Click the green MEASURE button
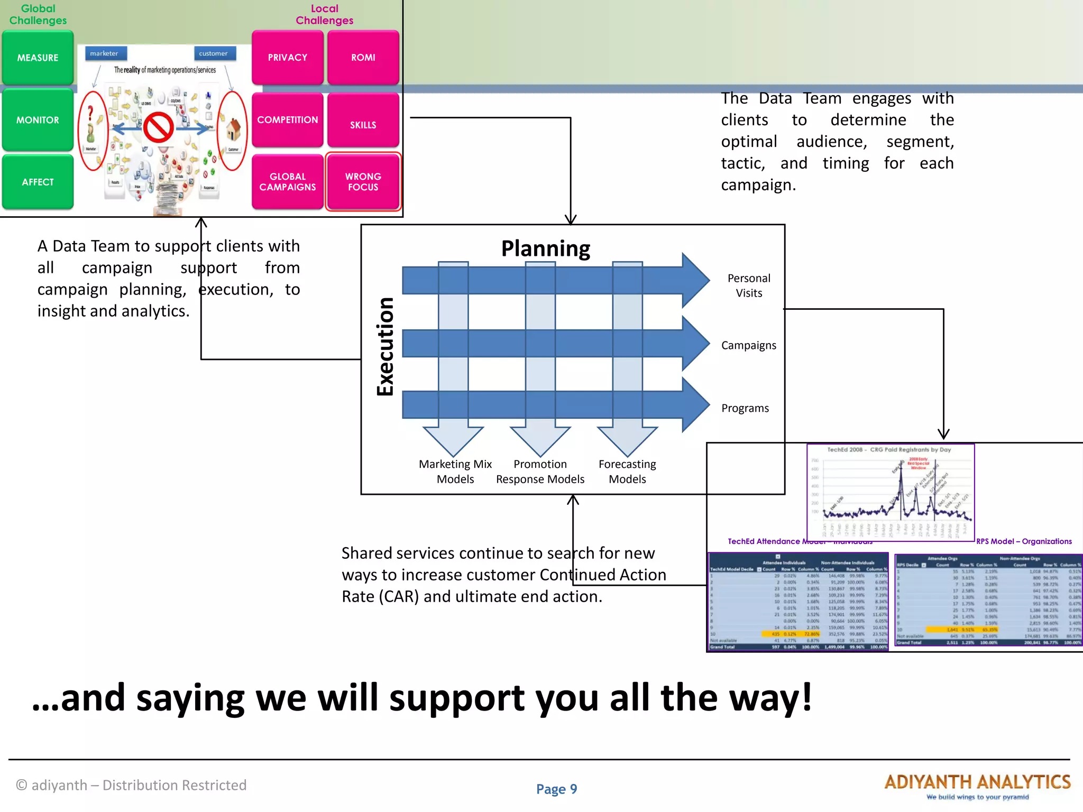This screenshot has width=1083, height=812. point(38,58)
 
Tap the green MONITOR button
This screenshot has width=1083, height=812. point(38,120)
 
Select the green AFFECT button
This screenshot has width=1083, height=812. point(38,182)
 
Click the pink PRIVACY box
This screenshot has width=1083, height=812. point(287,57)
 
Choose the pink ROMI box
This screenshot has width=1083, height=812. point(363,57)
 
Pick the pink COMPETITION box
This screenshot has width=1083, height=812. point(287,120)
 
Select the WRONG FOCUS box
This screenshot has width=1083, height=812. point(363,182)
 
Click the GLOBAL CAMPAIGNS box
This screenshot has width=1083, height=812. point(287,182)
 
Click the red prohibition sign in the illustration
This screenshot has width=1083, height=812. point(159,127)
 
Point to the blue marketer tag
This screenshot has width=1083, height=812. point(105,53)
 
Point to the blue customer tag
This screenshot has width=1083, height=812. point(214,53)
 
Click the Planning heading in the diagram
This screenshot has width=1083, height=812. point(545,248)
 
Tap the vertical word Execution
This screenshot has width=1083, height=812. point(385,346)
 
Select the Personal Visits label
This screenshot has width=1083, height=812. point(749,285)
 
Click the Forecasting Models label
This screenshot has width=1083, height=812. point(627,471)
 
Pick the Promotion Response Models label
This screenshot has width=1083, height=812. point(540,471)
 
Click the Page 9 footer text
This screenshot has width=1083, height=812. point(556,789)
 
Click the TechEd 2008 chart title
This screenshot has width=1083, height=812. point(889,450)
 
